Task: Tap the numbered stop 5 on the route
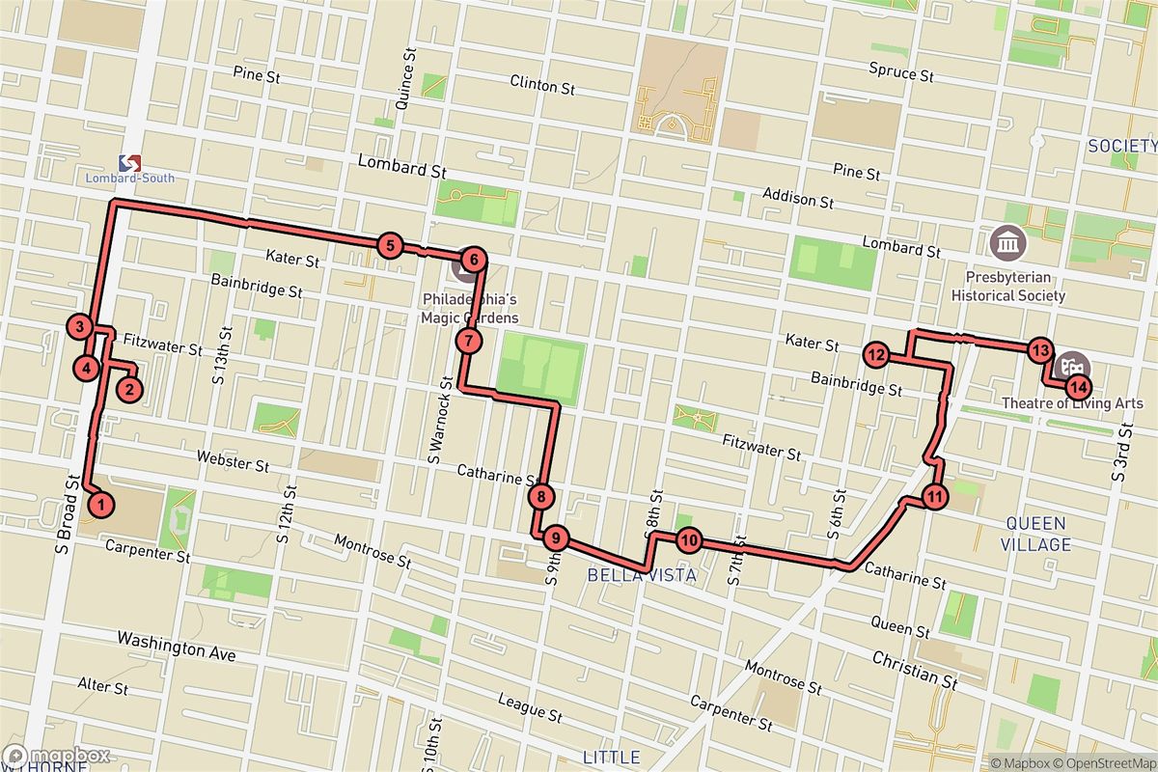[389, 246]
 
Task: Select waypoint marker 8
[542, 498]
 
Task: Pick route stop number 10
[687, 540]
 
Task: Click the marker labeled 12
[875, 355]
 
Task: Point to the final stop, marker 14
[1078, 388]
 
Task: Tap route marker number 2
[129, 389]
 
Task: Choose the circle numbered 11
[934, 497]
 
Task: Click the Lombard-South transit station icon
[130, 164]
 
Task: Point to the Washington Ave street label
[176, 646]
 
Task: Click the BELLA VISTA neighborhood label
[642, 575]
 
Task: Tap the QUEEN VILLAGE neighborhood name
[1037, 534]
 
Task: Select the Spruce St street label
[900, 73]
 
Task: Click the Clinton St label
[541, 85]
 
